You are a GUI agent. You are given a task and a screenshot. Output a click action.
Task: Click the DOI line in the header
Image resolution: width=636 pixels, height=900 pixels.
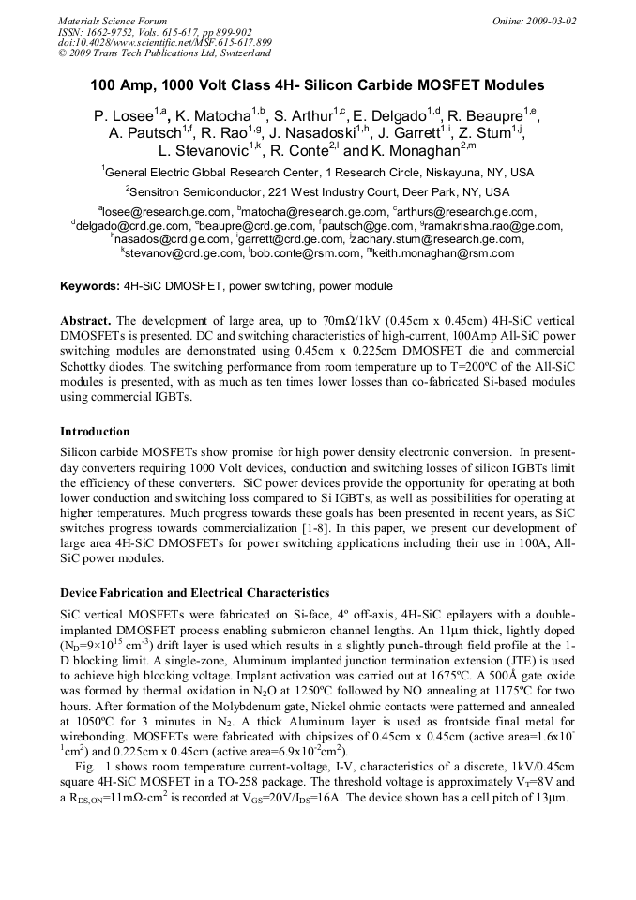point(164,43)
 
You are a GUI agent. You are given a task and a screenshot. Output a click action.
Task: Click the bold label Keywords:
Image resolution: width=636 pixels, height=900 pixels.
point(90,286)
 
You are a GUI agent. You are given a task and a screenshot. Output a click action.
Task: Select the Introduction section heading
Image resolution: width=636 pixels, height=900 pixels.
point(95,432)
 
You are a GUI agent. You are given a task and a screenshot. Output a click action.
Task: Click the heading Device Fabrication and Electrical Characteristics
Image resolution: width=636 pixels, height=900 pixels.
point(194,593)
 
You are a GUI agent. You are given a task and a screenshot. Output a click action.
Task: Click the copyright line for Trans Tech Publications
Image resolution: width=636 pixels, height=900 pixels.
point(164,54)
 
